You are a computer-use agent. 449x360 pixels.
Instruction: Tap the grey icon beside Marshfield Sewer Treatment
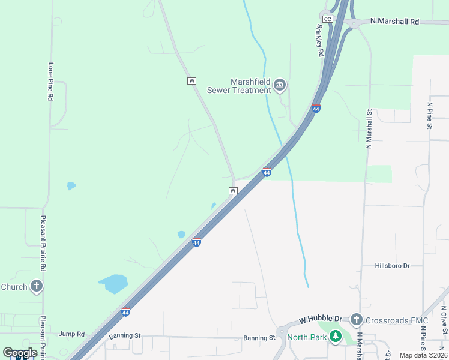pos(280,86)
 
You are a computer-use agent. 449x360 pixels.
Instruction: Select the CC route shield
pos(327,19)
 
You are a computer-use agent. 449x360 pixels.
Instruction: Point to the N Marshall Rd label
pos(394,21)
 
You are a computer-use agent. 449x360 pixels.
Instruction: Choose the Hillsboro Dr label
pos(392,265)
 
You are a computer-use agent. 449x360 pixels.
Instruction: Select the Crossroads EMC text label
pos(393,319)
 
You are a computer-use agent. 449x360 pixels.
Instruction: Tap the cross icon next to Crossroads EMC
pos(356,319)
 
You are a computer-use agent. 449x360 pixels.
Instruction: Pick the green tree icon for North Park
pos(336,337)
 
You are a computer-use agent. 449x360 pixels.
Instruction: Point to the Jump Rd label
pos(72,334)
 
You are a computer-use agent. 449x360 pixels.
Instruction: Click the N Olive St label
pos(444,325)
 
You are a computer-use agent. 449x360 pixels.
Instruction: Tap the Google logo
pos(20,353)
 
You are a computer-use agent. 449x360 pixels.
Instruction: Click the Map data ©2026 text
pos(423,355)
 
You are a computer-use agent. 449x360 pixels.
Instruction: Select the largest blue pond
pos(113,283)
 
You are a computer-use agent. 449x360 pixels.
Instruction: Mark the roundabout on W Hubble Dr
pos(282,331)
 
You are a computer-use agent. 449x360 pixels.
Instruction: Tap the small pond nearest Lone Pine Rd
pos(71,185)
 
